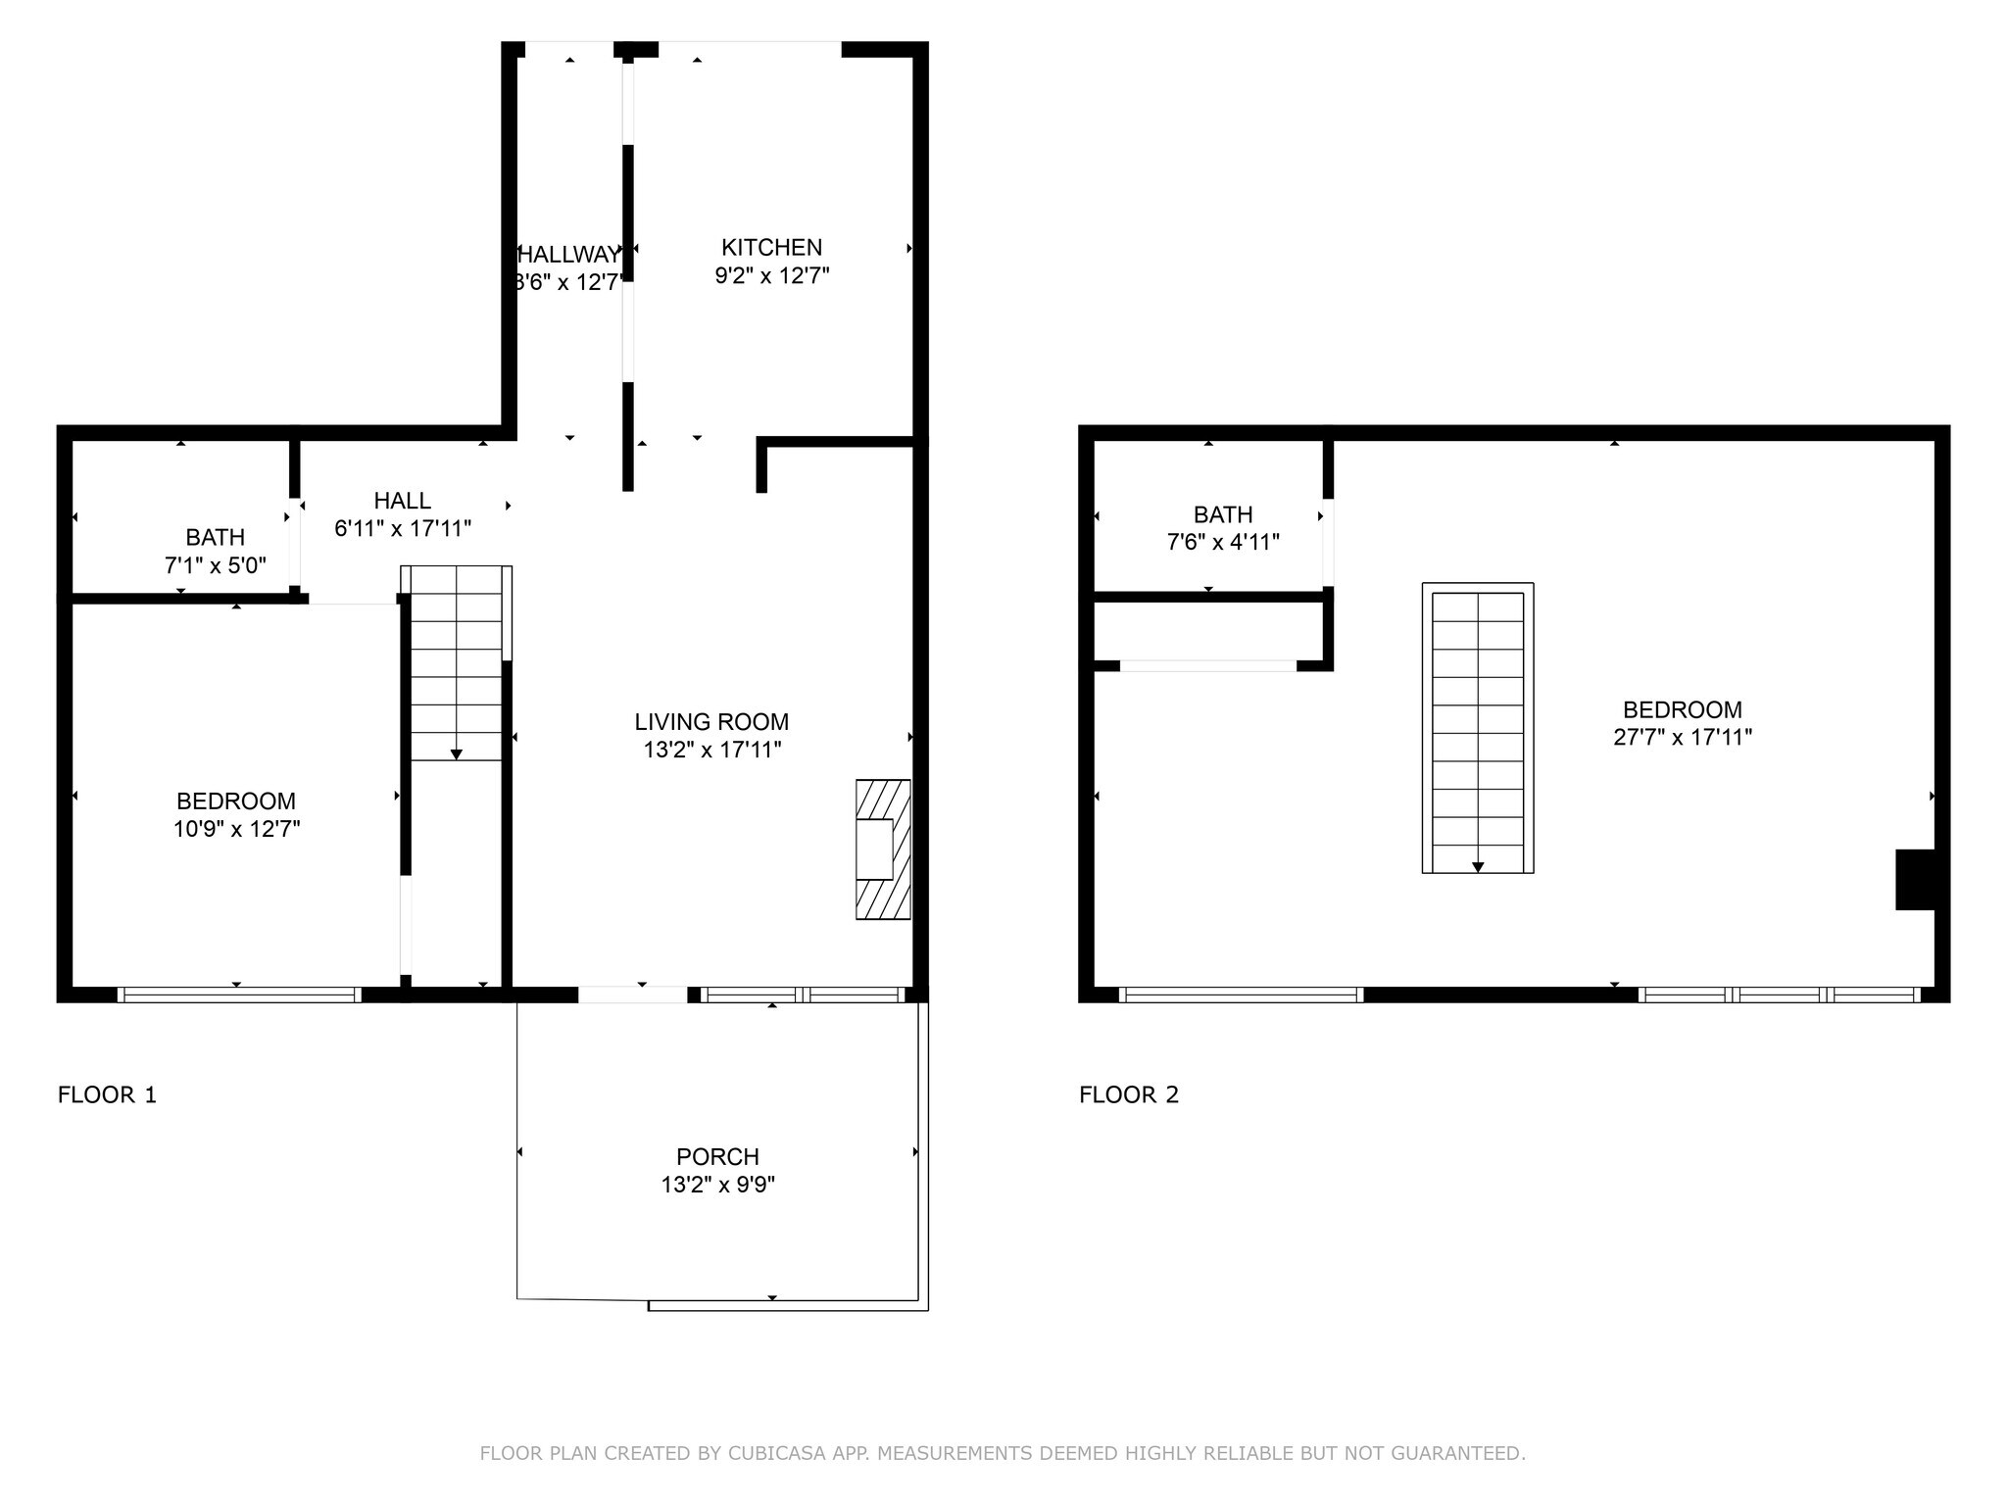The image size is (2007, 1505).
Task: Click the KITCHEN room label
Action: click(x=771, y=248)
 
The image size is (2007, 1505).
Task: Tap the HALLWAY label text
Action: click(x=569, y=255)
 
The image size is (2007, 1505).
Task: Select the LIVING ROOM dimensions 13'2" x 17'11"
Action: click(x=711, y=751)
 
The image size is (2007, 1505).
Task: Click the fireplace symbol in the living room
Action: click(x=882, y=850)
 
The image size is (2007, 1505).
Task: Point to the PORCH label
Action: click(x=717, y=1156)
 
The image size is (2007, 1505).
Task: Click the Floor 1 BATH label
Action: click(x=215, y=537)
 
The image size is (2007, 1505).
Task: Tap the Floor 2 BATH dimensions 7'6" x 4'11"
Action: click(x=1223, y=542)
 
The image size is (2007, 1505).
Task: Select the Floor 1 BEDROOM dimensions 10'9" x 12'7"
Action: click(x=236, y=829)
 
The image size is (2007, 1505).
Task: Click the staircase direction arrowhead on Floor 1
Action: click(x=456, y=754)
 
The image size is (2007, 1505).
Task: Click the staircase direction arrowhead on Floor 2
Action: click(x=1478, y=867)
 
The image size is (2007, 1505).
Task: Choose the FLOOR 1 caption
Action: click(x=107, y=1094)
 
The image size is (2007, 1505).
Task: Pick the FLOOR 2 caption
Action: click(x=1129, y=1094)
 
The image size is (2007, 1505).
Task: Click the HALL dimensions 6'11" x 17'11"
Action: click(x=403, y=529)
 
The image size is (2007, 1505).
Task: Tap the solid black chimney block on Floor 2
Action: click(x=1914, y=880)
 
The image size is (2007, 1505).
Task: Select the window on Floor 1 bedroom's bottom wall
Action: click(x=239, y=995)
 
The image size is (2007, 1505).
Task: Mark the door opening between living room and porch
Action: click(x=632, y=995)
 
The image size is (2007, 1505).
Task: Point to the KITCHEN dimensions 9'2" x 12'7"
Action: click(x=771, y=276)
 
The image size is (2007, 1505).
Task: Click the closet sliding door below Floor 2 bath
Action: click(x=1207, y=666)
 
